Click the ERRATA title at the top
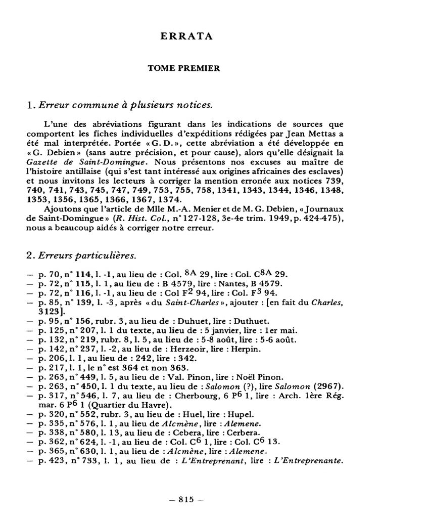tap(185, 36)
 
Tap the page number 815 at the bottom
tap(185, 499)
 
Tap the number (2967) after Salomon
tap(327, 386)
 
